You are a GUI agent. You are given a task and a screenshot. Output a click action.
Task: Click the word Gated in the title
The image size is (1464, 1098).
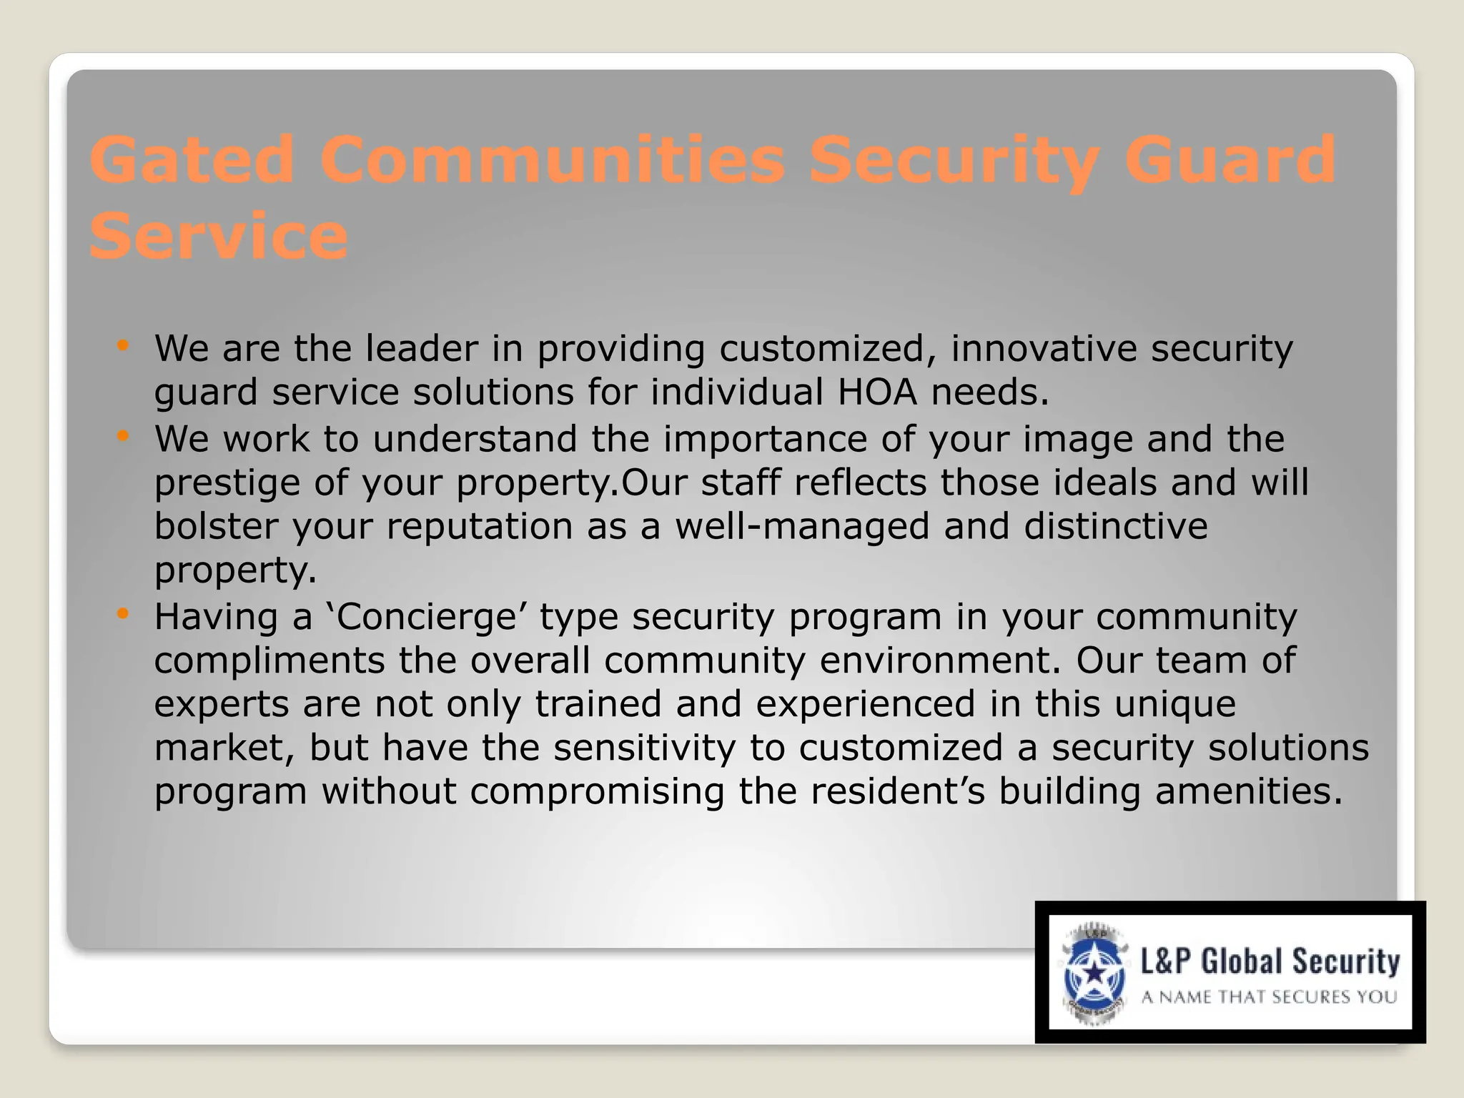click(x=192, y=159)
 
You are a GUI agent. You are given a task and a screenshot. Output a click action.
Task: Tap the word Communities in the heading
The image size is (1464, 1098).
click(x=553, y=159)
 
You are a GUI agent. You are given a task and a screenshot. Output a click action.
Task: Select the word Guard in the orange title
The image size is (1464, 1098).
click(x=1230, y=159)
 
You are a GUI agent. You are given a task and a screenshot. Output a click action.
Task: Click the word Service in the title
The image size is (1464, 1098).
click(x=219, y=236)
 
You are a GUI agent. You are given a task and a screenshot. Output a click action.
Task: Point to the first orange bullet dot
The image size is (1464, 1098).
click(x=123, y=347)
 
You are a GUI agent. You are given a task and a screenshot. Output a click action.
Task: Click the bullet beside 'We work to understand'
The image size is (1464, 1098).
click(x=123, y=436)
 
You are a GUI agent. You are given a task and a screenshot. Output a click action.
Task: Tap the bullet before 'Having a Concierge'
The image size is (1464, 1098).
click(x=123, y=613)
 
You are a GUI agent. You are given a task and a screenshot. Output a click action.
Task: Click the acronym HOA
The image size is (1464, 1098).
click(x=877, y=392)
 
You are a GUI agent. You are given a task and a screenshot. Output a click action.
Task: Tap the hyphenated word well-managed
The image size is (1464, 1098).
click(x=802, y=527)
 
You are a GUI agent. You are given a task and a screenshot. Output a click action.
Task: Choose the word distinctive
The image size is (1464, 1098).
click(x=1116, y=526)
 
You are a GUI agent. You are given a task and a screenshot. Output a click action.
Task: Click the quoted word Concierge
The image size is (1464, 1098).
click(x=426, y=617)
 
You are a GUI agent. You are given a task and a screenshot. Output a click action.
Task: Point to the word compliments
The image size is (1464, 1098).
click(x=269, y=661)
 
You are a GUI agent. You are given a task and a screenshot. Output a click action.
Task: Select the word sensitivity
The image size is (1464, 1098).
click(x=644, y=748)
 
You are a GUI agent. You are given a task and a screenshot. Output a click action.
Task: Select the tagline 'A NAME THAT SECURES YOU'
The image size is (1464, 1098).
click(x=1269, y=997)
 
